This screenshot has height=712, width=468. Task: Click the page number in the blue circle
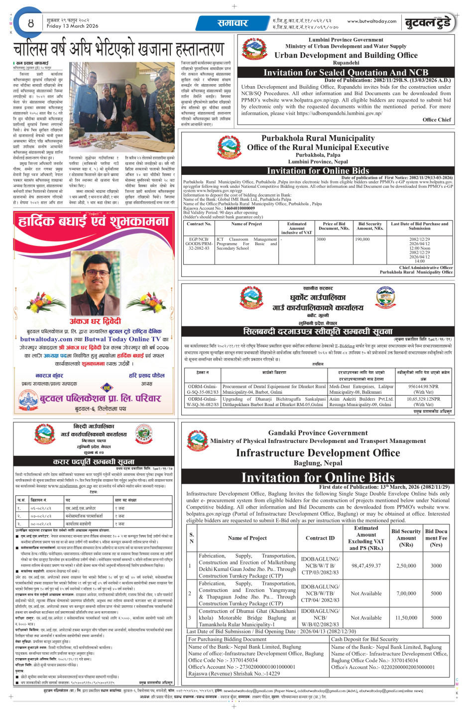31,23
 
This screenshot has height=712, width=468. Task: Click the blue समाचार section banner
233,23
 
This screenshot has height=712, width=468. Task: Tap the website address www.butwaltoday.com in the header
371,21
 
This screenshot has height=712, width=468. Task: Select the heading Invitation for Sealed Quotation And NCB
346,73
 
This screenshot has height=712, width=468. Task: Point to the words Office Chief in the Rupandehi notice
437,120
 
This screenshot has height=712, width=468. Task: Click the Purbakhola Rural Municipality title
318,139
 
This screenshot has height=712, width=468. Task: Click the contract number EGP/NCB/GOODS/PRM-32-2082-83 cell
199,244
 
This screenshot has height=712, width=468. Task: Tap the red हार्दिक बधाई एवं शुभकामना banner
94,221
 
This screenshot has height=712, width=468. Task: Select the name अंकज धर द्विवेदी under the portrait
95,321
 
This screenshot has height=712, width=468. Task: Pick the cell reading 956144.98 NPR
423,386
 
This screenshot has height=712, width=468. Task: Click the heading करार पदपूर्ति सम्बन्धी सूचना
94,461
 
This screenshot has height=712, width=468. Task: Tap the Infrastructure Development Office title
318,453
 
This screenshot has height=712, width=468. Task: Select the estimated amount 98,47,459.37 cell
366,566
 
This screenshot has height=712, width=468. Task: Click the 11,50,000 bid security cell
406,618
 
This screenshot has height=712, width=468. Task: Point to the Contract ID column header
320,538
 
